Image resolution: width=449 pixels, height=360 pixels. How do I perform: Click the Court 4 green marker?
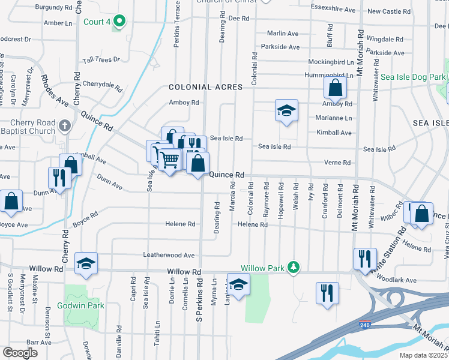[119, 22]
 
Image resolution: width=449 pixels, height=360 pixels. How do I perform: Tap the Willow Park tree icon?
[294, 267]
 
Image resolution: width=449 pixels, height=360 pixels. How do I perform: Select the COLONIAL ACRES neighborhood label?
[206, 87]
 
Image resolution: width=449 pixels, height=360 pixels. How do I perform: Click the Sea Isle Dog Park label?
[414, 77]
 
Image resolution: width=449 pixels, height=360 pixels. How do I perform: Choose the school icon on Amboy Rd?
[287, 110]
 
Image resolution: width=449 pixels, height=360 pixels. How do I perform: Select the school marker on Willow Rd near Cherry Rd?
[86, 263]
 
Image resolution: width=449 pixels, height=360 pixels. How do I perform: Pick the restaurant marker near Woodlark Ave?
[365, 259]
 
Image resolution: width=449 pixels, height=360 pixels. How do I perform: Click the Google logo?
[20, 353]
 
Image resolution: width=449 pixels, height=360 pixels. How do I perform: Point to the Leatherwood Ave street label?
[169, 255]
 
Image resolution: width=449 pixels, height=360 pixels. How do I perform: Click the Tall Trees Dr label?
[101, 59]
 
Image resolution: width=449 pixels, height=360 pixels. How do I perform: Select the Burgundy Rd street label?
[53, 8]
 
